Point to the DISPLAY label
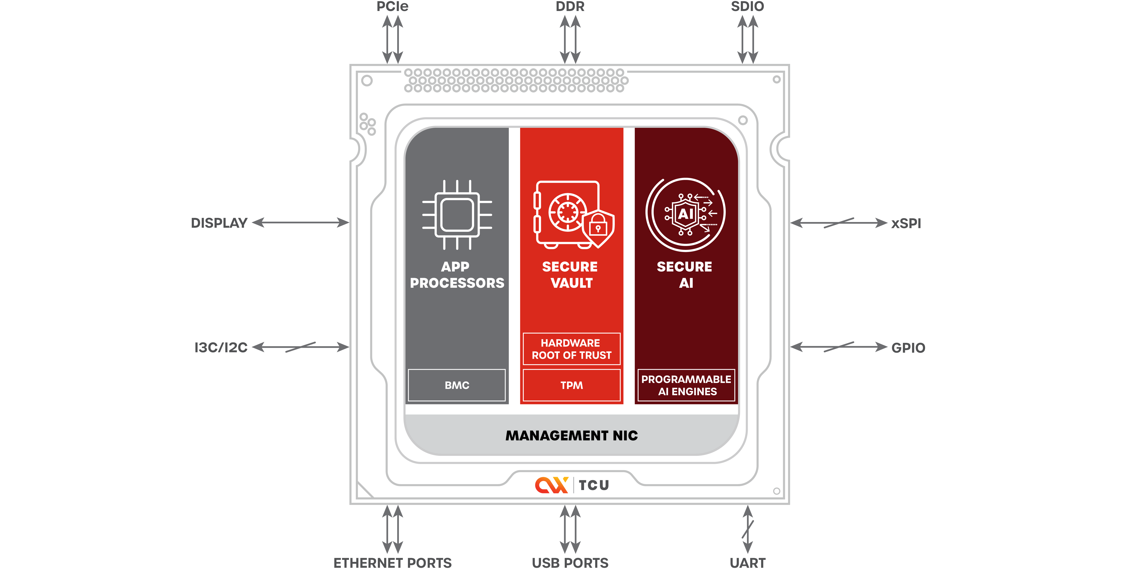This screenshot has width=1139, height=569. [x=219, y=223]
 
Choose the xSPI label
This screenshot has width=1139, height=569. [x=906, y=223]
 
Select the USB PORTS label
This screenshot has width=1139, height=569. [x=570, y=563]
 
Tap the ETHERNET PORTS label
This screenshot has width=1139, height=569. [x=393, y=563]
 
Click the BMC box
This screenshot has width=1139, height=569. [x=457, y=385]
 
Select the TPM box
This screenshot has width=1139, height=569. [x=572, y=385]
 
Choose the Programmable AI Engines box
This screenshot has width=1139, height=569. [x=686, y=385]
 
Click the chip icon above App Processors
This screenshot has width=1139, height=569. [x=457, y=215]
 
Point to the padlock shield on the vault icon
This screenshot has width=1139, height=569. [x=598, y=228]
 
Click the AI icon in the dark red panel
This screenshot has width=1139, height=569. [x=685, y=214]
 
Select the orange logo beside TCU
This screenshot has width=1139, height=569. [x=551, y=485]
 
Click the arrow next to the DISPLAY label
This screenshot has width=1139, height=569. [x=301, y=223]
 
